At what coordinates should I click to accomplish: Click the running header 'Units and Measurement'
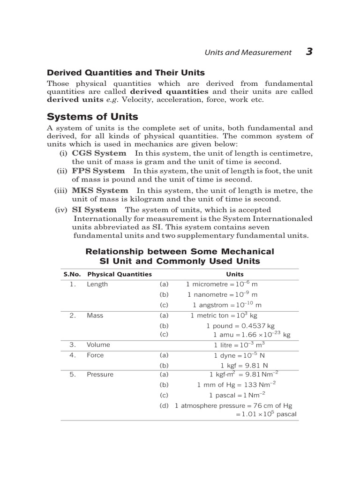(x=247, y=52)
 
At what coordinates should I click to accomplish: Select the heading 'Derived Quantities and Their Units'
(x=126, y=73)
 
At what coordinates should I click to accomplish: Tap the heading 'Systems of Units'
(x=93, y=117)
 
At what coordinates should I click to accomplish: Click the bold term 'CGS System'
(x=99, y=153)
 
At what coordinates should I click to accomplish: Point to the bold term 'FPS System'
(x=98, y=171)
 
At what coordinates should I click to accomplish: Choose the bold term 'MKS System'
(x=100, y=190)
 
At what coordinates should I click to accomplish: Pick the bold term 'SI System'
(x=94, y=210)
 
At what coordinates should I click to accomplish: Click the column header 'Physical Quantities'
(x=120, y=274)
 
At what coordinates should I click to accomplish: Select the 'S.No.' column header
(x=73, y=274)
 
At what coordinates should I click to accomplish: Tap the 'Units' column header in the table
(x=235, y=274)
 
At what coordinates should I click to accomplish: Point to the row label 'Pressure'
(x=100, y=375)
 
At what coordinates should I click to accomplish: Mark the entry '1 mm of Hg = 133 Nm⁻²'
(x=236, y=384)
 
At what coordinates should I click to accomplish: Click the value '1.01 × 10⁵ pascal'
(x=269, y=414)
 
